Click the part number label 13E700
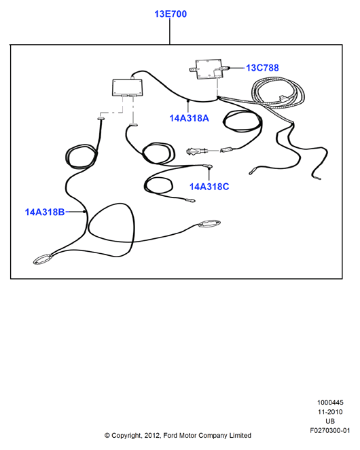[x=170, y=14]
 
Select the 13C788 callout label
[x=262, y=68]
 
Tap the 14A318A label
[x=189, y=118]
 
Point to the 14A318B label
[x=45, y=212]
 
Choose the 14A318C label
[x=209, y=187]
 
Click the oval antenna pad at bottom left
[x=43, y=259]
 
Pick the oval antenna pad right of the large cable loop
[x=209, y=223]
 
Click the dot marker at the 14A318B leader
[x=84, y=212]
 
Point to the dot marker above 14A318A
[x=188, y=101]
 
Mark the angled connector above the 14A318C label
[x=208, y=166]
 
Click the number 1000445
[x=330, y=402]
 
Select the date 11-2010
[x=330, y=412]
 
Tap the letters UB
[x=330, y=421]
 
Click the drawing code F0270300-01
[x=330, y=431]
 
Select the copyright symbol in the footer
[x=107, y=436]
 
